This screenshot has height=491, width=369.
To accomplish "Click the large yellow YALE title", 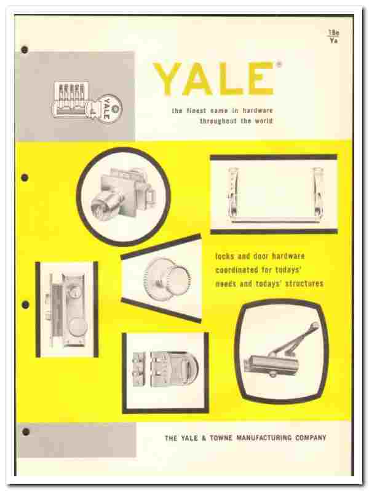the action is click(213, 79).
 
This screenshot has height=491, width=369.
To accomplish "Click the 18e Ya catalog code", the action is click(333, 36).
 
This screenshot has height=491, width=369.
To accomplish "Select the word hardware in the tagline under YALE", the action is click(257, 110).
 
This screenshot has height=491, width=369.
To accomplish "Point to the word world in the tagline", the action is click(263, 121).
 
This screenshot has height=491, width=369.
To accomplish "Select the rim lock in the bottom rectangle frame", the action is click(165, 369).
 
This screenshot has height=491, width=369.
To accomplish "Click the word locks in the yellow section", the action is click(224, 256).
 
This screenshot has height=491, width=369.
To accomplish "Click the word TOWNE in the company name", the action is click(221, 438).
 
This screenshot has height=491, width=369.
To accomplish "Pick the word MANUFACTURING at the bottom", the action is click(264, 438).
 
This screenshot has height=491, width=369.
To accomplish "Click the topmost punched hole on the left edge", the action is click(25, 50).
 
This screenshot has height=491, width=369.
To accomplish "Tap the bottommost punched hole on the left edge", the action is click(26, 432).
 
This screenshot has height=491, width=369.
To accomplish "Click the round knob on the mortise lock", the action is click(77, 328).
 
